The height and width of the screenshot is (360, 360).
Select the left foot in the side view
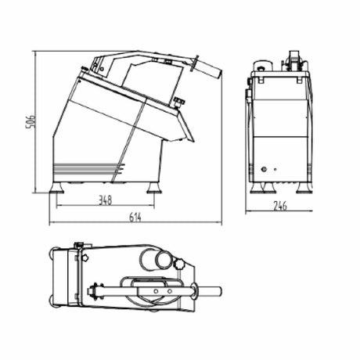(x=59, y=188)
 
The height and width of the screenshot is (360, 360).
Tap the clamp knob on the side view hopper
(x=178, y=100)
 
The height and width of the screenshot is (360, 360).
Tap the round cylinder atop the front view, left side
(x=261, y=68)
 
